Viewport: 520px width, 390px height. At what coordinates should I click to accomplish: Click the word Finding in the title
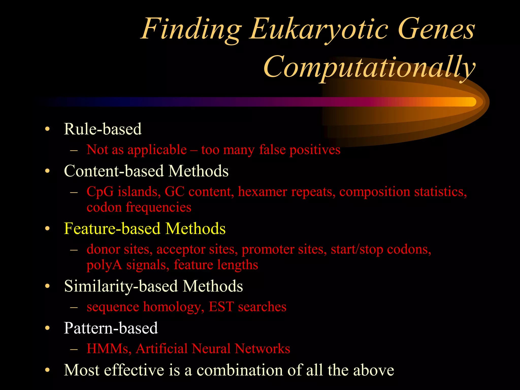[x=191, y=29]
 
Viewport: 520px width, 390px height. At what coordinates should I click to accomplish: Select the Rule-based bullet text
[x=103, y=129]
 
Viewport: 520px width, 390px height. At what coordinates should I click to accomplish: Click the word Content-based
[x=113, y=171]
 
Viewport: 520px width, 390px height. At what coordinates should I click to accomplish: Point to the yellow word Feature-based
[x=112, y=229]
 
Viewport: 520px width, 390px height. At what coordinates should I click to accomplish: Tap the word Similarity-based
[x=121, y=286]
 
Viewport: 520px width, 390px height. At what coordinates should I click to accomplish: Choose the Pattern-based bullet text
[x=111, y=328]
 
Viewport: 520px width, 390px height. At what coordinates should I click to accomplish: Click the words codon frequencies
[x=139, y=207]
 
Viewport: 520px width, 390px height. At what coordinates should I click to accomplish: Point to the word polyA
[x=104, y=265]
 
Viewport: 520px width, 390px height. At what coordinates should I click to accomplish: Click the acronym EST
[x=221, y=307]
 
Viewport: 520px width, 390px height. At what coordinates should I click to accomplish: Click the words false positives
[x=300, y=150]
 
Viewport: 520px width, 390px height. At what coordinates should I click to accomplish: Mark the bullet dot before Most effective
[x=47, y=370]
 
